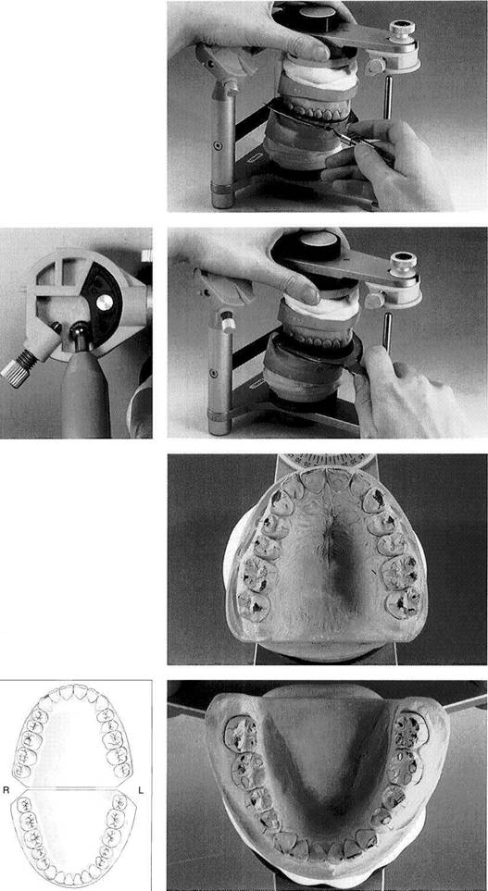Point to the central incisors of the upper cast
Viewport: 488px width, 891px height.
coord(328,480)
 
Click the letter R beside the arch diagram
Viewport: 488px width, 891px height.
coord(7,790)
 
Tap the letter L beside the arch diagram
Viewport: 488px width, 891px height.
coord(141,790)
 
